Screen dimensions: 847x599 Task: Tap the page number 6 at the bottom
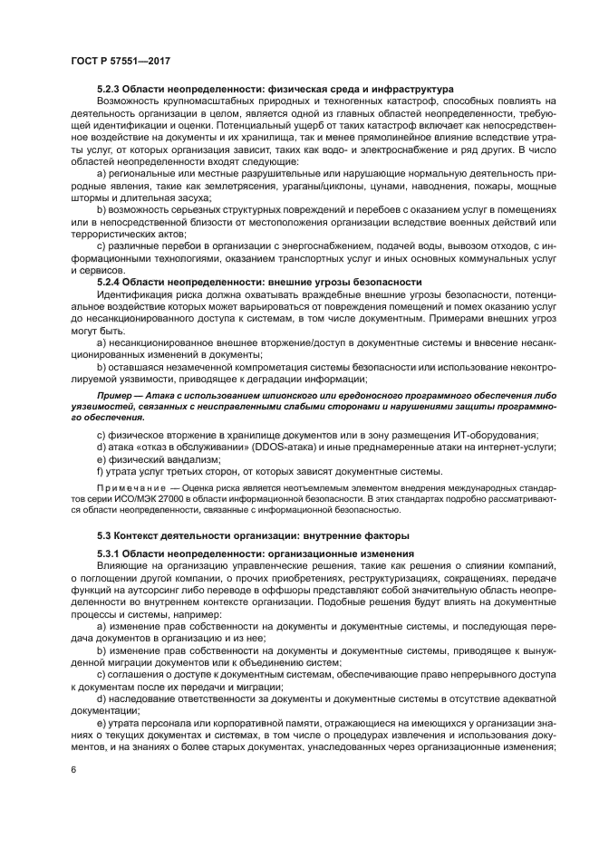[x=72, y=770]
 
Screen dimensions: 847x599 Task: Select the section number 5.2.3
[x=111, y=90]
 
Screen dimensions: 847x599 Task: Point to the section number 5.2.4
[x=111, y=282]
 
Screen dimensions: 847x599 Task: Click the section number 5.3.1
[x=111, y=553]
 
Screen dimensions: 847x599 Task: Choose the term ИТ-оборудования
[x=469, y=434]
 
